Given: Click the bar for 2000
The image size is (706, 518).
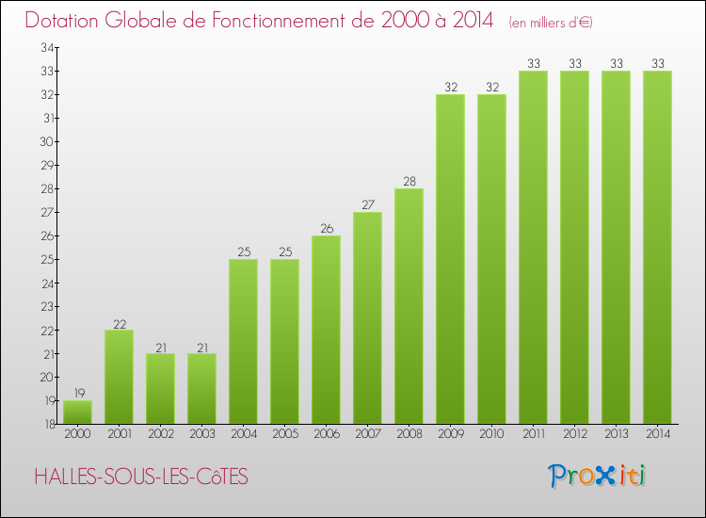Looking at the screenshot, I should pos(77,413).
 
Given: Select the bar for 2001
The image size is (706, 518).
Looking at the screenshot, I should pos(119,377).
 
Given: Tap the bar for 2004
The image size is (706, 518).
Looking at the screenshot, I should pos(243,341).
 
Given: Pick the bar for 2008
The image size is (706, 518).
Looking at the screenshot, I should pos(409,306).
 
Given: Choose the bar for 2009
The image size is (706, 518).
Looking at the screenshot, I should pos(450,259).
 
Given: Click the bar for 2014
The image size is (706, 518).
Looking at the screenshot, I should pos(657,247).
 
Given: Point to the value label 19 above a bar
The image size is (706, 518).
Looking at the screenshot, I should pos(77,394).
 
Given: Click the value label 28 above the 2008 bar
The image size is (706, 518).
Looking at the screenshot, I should pos(409,182).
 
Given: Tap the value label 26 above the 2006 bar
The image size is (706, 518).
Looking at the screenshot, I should pos(326,229).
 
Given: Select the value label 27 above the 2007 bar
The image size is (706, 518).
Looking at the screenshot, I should pos(367,205).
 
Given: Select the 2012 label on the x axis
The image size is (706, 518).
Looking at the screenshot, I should pos(574,434).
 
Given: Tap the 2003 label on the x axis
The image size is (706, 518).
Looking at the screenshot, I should pos(201,434).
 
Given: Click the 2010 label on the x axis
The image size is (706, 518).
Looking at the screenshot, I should pos(491,434).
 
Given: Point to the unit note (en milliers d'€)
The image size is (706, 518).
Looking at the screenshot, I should pos(550,22).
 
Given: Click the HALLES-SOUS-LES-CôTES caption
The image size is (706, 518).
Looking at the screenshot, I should pos(141,478).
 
